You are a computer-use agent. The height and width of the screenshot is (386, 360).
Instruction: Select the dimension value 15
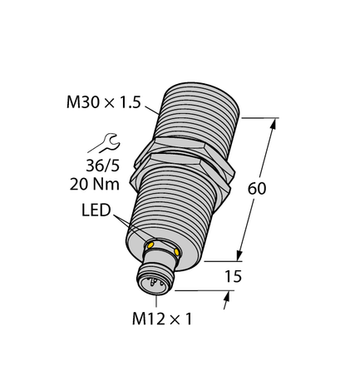[235, 275]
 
